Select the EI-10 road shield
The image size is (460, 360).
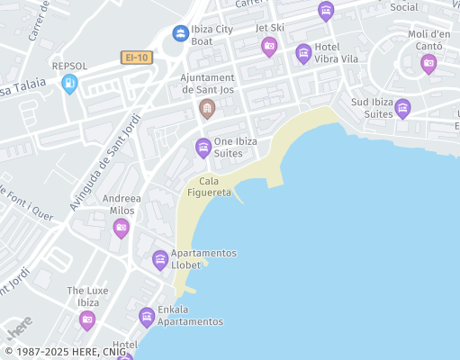tap(136, 58)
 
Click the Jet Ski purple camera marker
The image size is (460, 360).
tap(269, 46)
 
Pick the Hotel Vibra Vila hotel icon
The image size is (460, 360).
tap(304, 53)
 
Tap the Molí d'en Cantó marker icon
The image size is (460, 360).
tap(428, 62)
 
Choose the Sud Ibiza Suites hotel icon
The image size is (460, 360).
tap(402, 108)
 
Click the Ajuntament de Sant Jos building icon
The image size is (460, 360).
tap(207, 109)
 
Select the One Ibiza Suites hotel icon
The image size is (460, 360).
tap(203, 147)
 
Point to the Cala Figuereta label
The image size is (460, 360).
tap(209, 186)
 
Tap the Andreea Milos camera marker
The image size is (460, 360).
tap(122, 228)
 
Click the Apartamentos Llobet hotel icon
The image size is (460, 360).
tap(160, 259)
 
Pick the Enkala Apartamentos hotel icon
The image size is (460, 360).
tap(147, 316)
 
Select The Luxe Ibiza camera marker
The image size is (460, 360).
tap(87, 319)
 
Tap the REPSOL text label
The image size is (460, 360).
tap(70, 66)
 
